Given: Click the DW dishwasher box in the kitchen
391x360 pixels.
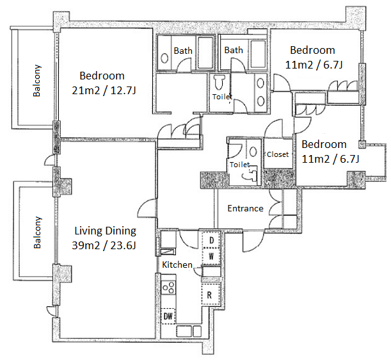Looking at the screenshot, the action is (x=168, y=316).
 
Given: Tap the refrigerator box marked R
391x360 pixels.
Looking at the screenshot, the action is (x=211, y=295).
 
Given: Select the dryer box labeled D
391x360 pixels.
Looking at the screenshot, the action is (x=211, y=240).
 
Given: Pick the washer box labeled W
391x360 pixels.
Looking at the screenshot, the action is (x=211, y=256).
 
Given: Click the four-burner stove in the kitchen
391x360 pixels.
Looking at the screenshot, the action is (x=168, y=288).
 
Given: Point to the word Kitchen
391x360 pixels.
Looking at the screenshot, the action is (x=177, y=265).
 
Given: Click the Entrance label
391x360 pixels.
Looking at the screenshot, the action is (x=245, y=208).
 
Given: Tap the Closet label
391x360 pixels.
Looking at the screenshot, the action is (x=278, y=154).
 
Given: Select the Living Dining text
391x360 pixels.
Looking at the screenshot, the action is (x=105, y=231).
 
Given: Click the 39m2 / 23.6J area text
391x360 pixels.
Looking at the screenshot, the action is (x=104, y=245).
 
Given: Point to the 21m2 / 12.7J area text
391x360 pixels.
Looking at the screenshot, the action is (x=104, y=90).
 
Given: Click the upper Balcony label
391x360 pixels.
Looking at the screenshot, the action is (x=37, y=80).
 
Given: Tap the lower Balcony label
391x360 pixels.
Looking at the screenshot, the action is (x=37, y=233).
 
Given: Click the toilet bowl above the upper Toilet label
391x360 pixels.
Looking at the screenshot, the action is (x=219, y=83).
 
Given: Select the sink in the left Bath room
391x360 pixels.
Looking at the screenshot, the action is (x=164, y=58).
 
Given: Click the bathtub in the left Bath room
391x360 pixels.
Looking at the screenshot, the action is (x=205, y=53).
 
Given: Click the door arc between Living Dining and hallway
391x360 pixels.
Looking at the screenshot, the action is (x=147, y=208).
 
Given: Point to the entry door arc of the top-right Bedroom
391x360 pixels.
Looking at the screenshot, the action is (x=282, y=82).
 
